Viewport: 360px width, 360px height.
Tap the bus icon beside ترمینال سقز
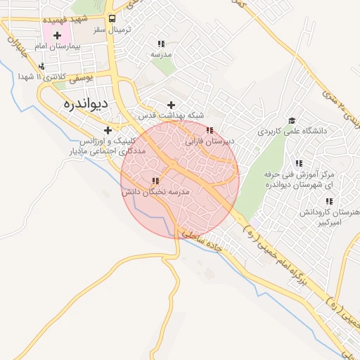pos(112,20)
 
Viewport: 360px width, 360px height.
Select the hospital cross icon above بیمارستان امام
pos(57,34)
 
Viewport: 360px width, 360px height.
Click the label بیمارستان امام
pos(59,46)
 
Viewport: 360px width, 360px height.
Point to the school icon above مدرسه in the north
pos(162,44)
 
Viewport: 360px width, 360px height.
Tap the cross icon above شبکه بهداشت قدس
pos(171,104)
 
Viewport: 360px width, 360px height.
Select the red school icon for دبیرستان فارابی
pos(210,129)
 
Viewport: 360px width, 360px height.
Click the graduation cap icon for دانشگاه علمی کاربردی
pos(291,120)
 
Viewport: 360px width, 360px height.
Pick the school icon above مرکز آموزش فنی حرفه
pos(299,163)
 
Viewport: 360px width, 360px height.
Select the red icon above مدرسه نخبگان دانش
pos(155,181)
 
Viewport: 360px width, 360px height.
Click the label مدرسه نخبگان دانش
pos(156,191)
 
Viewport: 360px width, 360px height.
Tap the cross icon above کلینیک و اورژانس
pos(108,129)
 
